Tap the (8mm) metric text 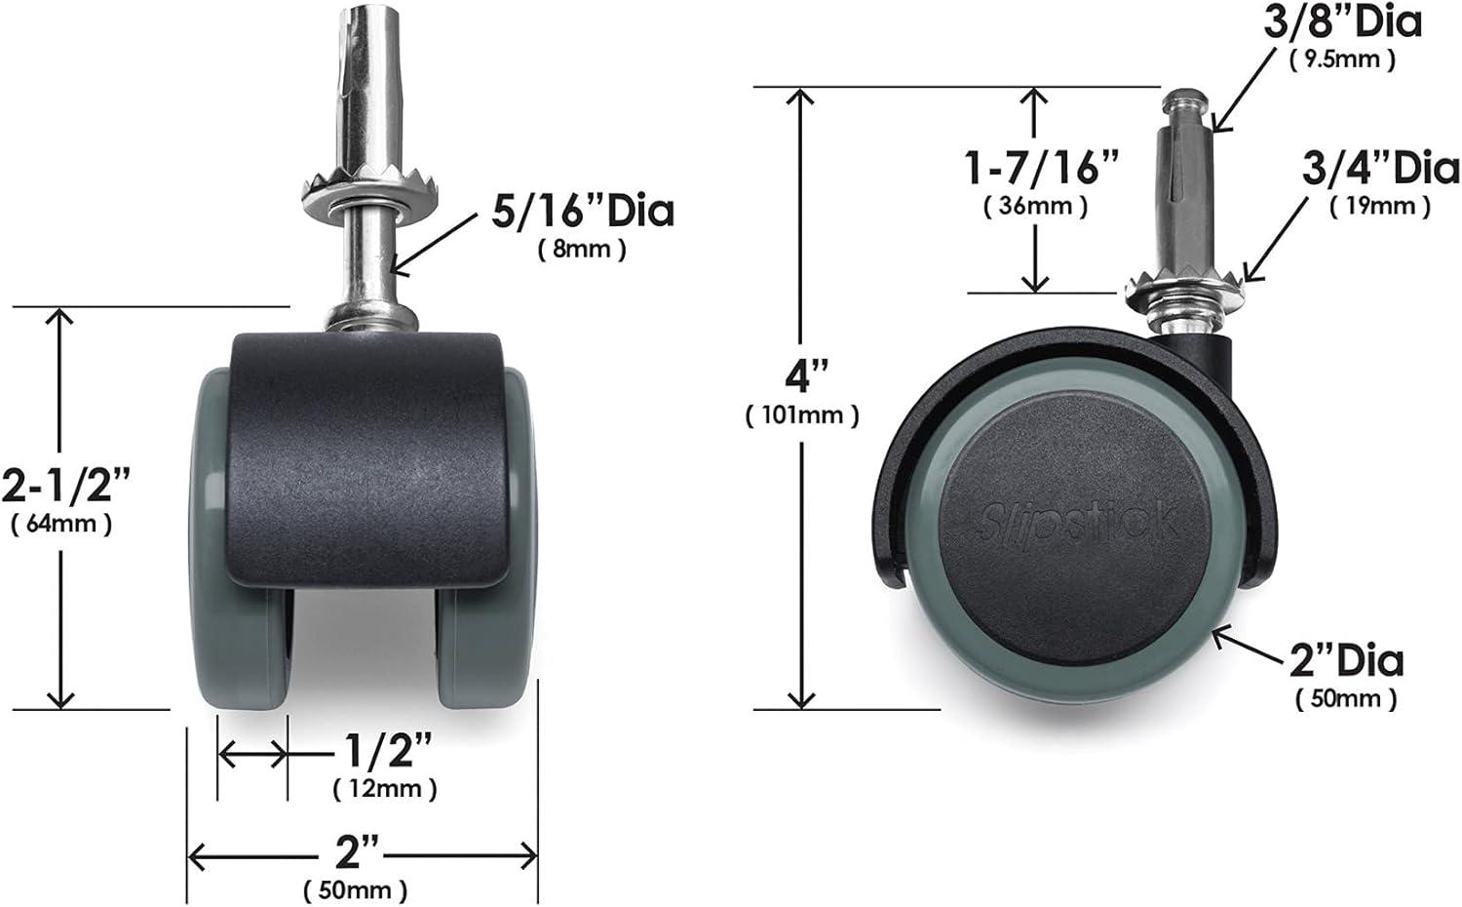(582, 250)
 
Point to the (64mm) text (61, 524)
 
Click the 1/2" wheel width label (387, 752)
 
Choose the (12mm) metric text (384, 788)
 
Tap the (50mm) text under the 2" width (355, 889)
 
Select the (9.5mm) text (1342, 59)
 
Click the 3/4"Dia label (1380, 169)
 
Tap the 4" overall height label (802, 375)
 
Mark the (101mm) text (802, 415)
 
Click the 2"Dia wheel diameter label (1346, 661)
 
